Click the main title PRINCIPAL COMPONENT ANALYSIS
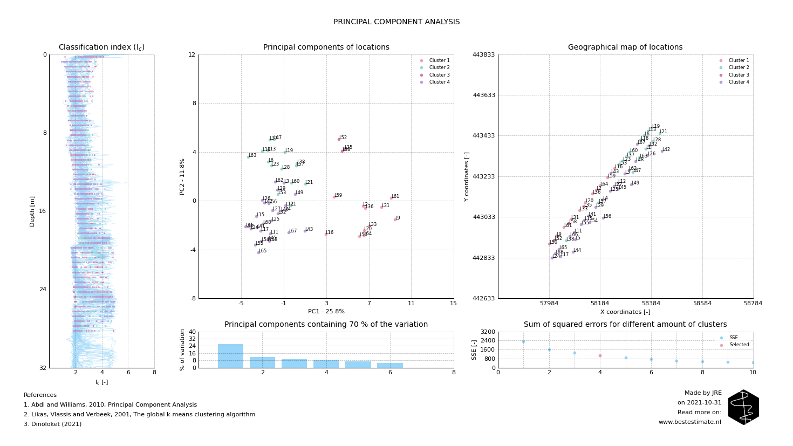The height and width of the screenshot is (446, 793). click(x=396, y=22)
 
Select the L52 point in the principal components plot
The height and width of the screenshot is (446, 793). click(x=339, y=139)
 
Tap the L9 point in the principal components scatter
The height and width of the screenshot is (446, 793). click(x=395, y=219)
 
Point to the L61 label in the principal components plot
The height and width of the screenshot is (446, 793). click(x=395, y=196)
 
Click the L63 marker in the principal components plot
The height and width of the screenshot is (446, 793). click(x=248, y=157)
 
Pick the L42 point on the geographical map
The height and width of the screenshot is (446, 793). click(x=662, y=151)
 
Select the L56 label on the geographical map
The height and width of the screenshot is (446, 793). click(x=607, y=216)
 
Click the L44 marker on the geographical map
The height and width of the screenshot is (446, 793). click(x=573, y=252)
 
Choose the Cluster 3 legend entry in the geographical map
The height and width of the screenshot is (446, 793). click(x=739, y=75)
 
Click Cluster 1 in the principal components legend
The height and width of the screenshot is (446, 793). click(x=439, y=60)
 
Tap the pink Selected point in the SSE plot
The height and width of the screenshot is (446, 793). click(x=600, y=355)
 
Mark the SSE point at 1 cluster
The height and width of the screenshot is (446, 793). click(x=523, y=341)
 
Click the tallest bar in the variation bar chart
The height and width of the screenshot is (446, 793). click(x=230, y=356)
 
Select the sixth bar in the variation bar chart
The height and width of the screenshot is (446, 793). click(x=390, y=365)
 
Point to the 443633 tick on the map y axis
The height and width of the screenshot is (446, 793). click(x=484, y=95)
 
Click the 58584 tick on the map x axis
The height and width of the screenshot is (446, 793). click(x=702, y=304)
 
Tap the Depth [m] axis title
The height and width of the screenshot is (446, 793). click(x=32, y=211)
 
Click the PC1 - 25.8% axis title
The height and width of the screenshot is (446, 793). click(x=326, y=311)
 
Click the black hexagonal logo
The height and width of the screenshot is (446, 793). click(x=743, y=407)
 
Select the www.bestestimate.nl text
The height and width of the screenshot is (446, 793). click(x=689, y=422)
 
